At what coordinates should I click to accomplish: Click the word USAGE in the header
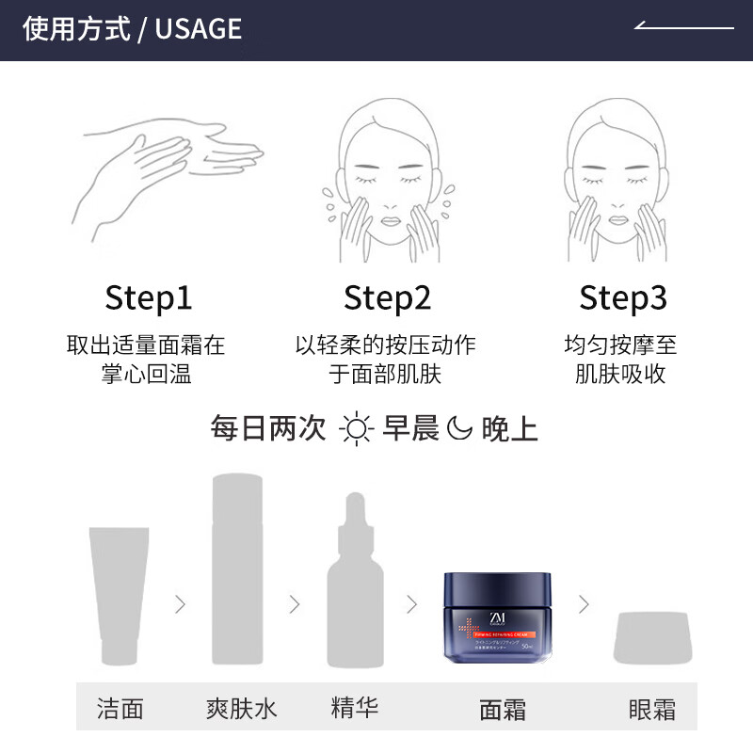pyautogui.click(x=198, y=28)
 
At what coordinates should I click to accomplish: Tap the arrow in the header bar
pyautogui.click(x=683, y=26)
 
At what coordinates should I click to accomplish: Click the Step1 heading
pyautogui.click(x=149, y=298)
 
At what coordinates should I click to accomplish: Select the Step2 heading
pyautogui.click(x=387, y=298)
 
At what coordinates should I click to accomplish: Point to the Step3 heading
pyautogui.click(x=623, y=298)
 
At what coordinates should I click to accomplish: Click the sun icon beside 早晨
pyautogui.click(x=358, y=429)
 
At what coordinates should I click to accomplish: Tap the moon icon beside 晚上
pyautogui.click(x=458, y=429)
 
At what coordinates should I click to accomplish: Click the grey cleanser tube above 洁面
pyautogui.click(x=119, y=593)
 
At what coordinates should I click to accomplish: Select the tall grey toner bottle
pyautogui.click(x=237, y=569)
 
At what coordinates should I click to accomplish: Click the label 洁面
pyautogui.click(x=120, y=708)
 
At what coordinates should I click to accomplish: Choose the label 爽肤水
pyautogui.click(x=241, y=708)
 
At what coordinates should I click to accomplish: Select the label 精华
pyautogui.click(x=355, y=707)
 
